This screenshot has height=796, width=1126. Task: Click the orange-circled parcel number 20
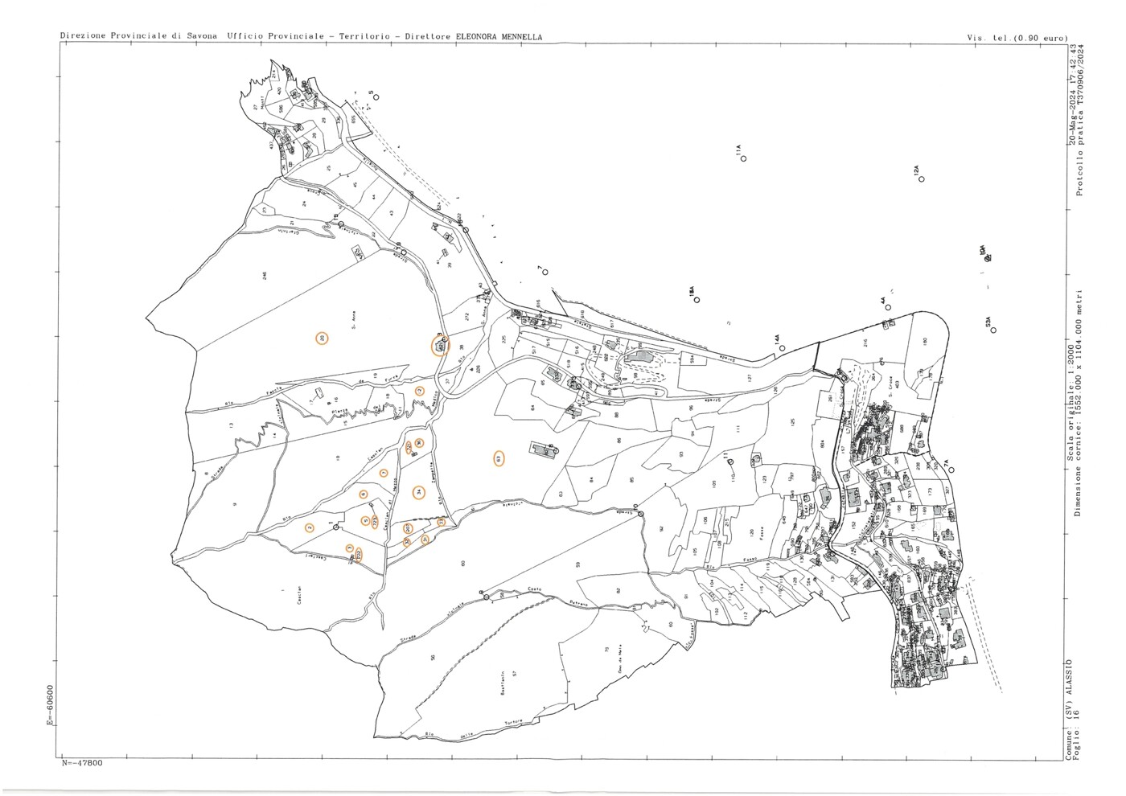pos(322,339)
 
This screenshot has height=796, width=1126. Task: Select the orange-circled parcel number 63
pos(499,458)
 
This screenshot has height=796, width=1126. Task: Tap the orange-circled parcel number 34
pos(418,492)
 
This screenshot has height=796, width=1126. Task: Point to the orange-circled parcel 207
pos(440,347)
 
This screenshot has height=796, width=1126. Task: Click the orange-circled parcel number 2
pos(310,528)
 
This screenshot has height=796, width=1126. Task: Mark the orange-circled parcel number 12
pos(419,391)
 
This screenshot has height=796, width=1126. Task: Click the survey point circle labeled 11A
pos(744,158)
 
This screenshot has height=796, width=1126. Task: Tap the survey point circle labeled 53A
pos(993,330)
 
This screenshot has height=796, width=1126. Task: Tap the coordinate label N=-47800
pos(82,763)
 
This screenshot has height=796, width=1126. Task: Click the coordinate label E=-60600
pos(51,705)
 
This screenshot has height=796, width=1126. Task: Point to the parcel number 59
pos(577,564)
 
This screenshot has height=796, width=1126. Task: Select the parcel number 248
pos(265,276)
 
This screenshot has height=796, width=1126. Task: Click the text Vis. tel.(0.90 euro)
pos(1017,38)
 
